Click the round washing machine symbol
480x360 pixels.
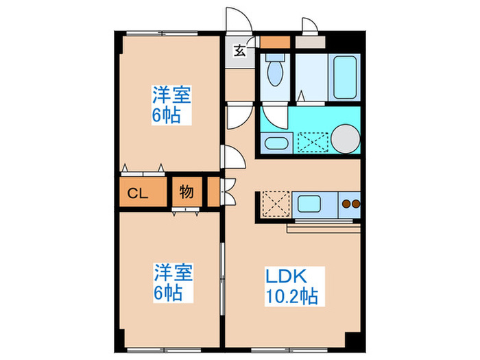[346, 139]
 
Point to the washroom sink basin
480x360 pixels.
[276, 144]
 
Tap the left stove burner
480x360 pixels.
[346, 204]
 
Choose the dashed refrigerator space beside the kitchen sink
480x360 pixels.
[274, 204]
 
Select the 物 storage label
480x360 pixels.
[186, 193]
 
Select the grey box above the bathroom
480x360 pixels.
[310, 40]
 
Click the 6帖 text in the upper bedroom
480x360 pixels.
[166, 115]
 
